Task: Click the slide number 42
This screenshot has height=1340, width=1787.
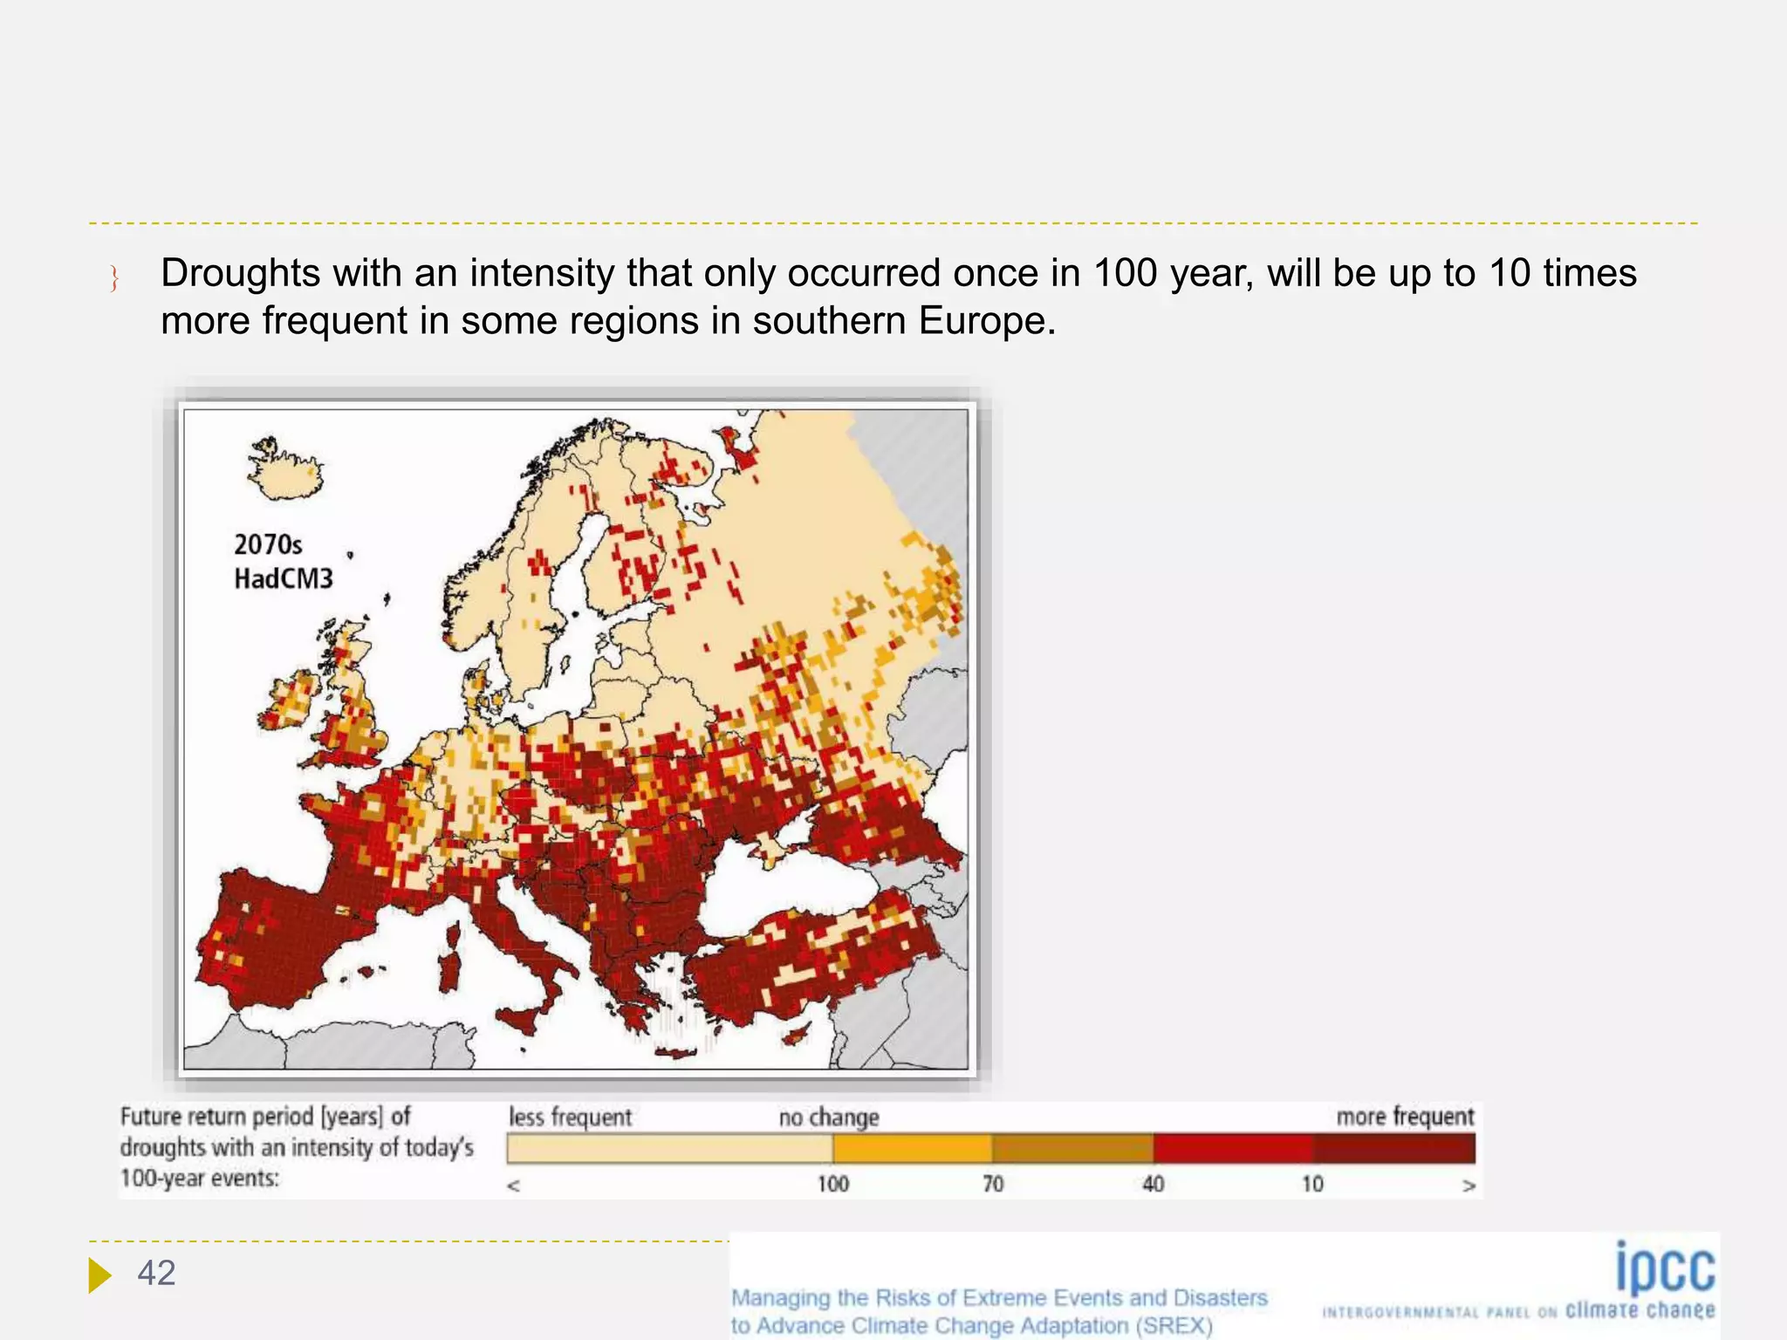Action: click(156, 1274)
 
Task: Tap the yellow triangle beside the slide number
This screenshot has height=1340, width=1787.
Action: click(99, 1275)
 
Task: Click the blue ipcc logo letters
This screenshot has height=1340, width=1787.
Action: click(1665, 1268)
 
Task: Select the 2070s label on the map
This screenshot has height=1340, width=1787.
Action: click(268, 545)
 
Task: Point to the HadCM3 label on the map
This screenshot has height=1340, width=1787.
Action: click(284, 578)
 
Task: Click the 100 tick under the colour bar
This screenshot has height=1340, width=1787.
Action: click(832, 1184)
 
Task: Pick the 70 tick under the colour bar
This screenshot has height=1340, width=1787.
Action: click(993, 1184)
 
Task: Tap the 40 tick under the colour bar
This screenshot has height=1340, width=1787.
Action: click(1153, 1184)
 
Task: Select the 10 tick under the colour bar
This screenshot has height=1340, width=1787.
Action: click(1312, 1184)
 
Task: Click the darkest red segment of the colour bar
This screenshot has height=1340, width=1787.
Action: click(1393, 1148)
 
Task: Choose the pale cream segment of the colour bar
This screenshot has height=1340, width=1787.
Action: click(669, 1148)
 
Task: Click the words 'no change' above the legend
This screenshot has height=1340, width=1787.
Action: click(829, 1118)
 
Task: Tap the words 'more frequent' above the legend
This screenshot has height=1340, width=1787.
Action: click(1405, 1117)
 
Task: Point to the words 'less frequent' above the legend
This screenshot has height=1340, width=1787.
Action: click(570, 1118)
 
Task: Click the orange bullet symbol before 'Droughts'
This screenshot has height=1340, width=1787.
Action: click(114, 278)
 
